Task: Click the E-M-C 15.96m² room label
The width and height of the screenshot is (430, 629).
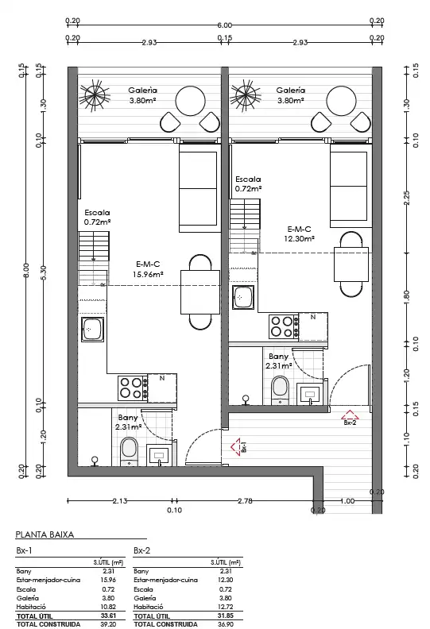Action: tap(148, 269)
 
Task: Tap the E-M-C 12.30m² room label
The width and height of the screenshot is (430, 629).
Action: tap(299, 233)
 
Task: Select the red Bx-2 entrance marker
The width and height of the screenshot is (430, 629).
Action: tap(350, 417)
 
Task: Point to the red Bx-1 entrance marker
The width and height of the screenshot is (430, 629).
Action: tap(238, 446)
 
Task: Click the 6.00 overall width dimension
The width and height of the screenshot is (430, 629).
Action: tap(224, 25)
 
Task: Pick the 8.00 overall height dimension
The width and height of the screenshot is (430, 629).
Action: tap(26, 270)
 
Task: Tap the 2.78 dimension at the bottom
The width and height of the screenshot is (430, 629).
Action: tap(245, 500)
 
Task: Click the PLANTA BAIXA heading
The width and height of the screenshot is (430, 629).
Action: tap(45, 534)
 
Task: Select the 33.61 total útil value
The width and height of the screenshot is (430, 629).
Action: tap(108, 615)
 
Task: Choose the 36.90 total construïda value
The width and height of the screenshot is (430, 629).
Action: tap(226, 624)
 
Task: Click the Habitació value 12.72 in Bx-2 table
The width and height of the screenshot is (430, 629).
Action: tap(226, 607)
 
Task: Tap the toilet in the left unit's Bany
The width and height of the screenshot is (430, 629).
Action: tap(129, 451)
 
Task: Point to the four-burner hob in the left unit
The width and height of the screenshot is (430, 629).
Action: tap(133, 388)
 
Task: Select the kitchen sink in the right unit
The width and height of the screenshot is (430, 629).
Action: tap(243, 297)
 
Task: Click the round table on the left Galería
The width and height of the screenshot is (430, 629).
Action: tap(190, 102)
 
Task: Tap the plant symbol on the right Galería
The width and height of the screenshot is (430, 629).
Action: tap(246, 96)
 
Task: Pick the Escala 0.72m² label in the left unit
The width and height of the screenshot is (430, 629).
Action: tap(97, 217)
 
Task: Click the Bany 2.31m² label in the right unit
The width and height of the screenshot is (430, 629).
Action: tap(279, 361)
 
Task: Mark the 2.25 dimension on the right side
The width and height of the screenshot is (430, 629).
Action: tap(406, 198)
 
